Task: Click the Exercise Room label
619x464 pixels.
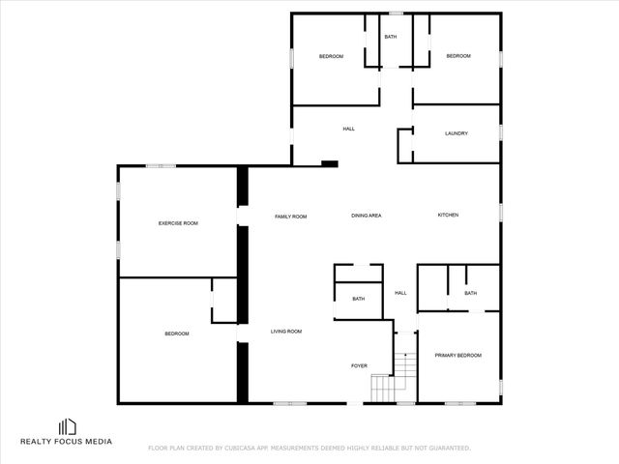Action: (x=178, y=223)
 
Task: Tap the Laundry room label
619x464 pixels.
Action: (x=457, y=133)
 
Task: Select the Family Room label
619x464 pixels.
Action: (x=290, y=217)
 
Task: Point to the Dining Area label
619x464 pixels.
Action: (x=367, y=215)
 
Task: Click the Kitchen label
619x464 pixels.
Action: (x=448, y=215)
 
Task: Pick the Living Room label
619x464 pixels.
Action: (x=285, y=332)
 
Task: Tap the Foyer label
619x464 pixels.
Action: (x=359, y=365)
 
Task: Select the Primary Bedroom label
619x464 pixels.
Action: (x=457, y=356)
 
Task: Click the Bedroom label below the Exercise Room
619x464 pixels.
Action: (x=176, y=333)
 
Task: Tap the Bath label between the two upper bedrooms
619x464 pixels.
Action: (x=391, y=37)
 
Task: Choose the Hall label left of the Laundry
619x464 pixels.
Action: (x=349, y=129)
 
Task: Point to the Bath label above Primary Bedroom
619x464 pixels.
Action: (x=470, y=293)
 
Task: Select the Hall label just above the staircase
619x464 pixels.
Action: (x=400, y=293)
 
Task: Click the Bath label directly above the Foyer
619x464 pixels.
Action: (x=358, y=299)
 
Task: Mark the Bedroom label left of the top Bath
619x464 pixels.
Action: (x=332, y=56)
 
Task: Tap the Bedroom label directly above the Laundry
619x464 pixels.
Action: (x=458, y=56)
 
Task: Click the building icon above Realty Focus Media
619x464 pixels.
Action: (x=67, y=426)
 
